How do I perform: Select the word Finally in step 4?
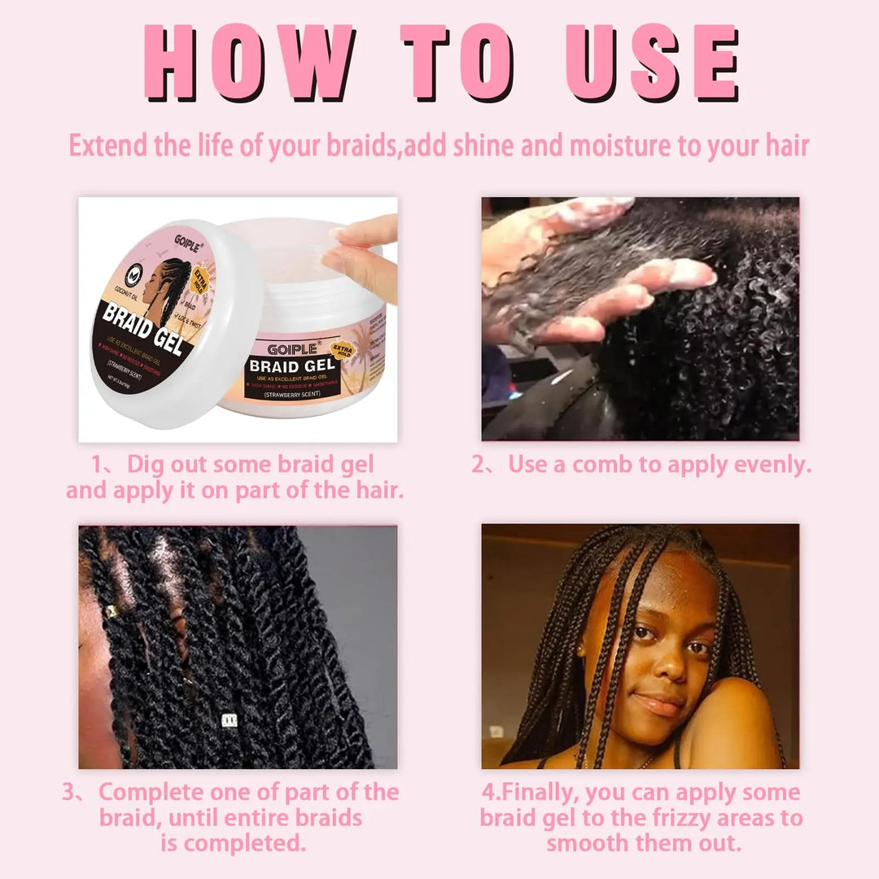point(540,793)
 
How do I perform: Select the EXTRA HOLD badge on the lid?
point(200,286)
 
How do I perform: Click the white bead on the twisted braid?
point(229,719)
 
